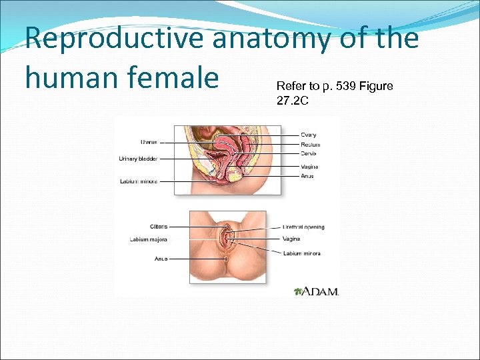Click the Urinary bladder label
click(138, 159)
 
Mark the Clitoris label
click(159, 227)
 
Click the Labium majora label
click(149, 239)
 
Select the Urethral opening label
click(303, 227)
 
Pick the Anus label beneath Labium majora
click(161, 258)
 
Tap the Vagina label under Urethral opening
click(291, 239)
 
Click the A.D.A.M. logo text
click(321, 291)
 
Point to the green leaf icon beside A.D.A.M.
click(298, 291)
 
